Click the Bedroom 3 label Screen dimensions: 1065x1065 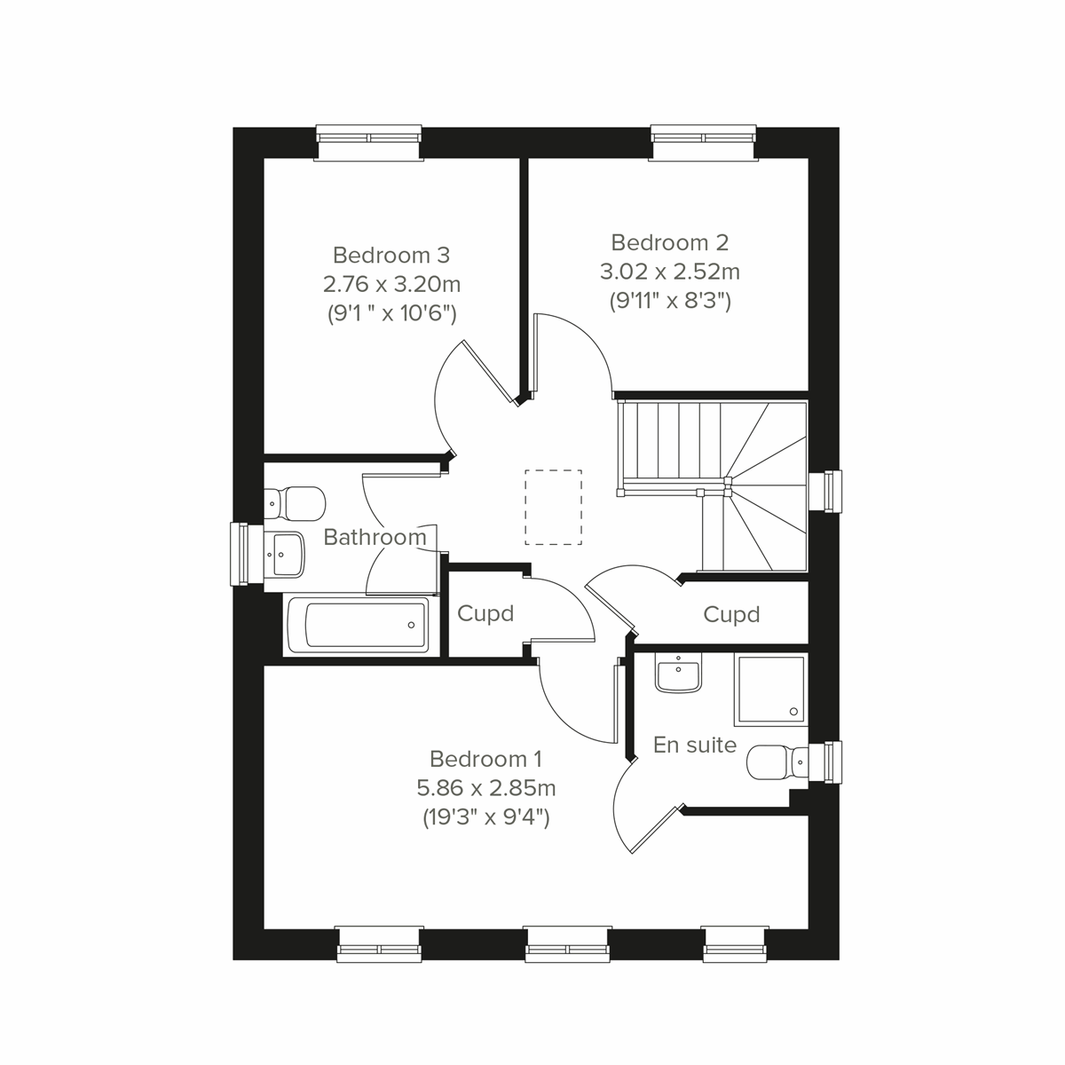pos(391,256)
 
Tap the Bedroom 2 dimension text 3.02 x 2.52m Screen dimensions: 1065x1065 pos(670,271)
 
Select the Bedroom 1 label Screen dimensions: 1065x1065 pos(485,759)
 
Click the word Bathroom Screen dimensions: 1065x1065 pos(375,537)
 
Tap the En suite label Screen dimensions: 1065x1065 pos(695,745)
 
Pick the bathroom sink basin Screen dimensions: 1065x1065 pos(285,555)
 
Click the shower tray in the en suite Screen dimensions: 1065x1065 pos(769,689)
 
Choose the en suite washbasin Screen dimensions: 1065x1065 pos(679,674)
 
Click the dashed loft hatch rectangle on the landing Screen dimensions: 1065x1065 pos(554,507)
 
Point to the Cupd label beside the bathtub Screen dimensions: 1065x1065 pos(485,614)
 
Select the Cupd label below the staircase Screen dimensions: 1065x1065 pos(731,614)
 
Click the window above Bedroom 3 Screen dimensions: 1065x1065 pos(368,142)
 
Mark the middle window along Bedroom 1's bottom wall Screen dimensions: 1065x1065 pos(567,943)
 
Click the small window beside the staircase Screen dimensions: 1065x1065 pos(829,491)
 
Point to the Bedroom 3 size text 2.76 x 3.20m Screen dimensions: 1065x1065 pos(391,285)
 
